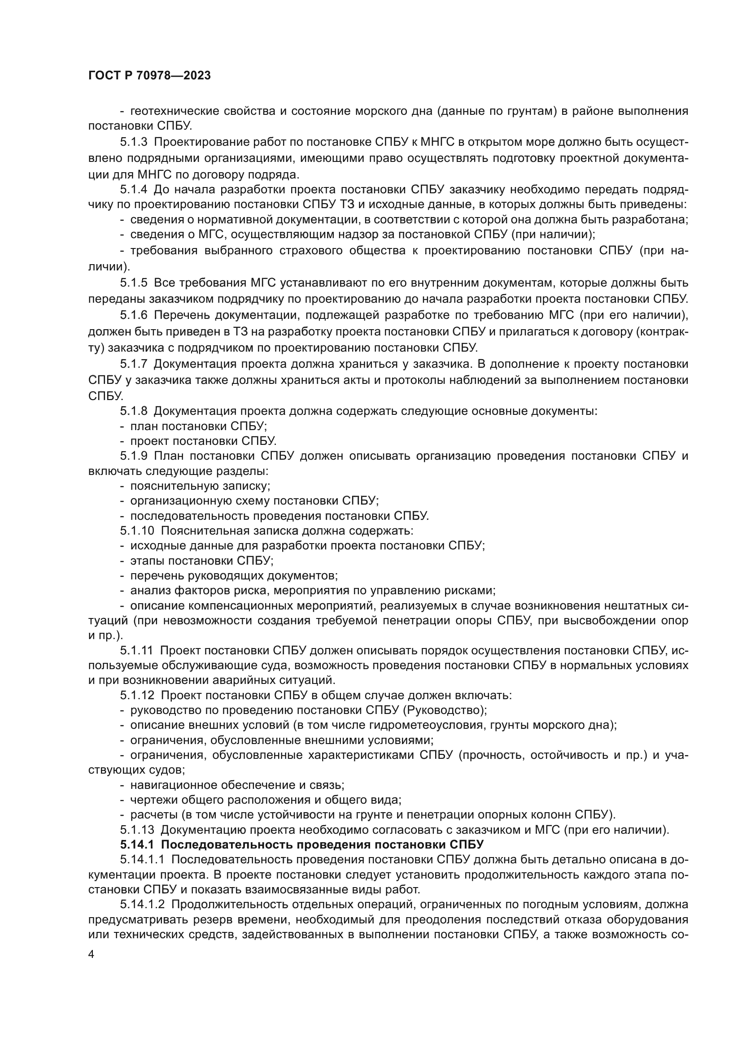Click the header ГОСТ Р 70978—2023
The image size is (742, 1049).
(x=149, y=76)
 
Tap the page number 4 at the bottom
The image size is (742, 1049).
(x=92, y=955)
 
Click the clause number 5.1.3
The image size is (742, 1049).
(x=133, y=142)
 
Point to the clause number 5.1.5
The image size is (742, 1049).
(x=133, y=283)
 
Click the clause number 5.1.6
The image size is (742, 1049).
(x=133, y=315)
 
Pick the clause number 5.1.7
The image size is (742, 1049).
(x=133, y=364)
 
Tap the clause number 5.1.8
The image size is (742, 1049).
(x=133, y=411)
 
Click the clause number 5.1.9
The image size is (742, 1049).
(x=133, y=456)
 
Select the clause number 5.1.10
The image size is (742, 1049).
(x=137, y=531)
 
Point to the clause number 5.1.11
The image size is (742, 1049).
(x=137, y=650)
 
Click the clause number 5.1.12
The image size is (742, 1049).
(x=137, y=696)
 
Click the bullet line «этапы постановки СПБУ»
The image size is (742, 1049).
(x=201, y=560)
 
